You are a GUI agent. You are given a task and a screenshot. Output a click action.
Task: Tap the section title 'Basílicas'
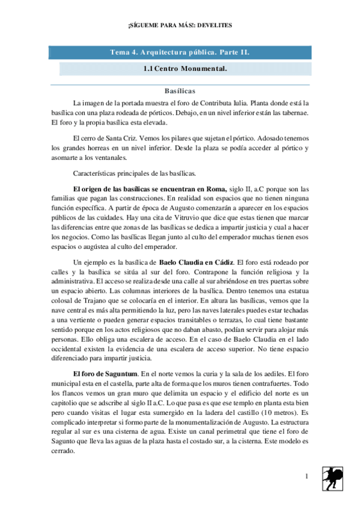(180, 91)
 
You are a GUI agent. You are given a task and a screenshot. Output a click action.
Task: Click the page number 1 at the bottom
(307, 477)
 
